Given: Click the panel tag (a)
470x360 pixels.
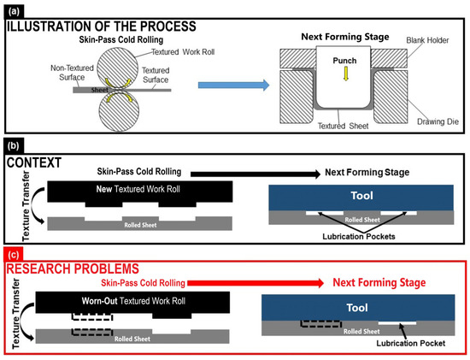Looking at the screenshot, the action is click(x=14, y=12).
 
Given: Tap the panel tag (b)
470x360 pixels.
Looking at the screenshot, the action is click(x=14, y=146).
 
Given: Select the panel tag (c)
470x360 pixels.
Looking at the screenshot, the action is click(x=14, y=255).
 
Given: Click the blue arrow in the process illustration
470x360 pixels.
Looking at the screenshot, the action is click(x=234, y=85).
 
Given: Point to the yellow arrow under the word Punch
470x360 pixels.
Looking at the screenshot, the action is click(x=346, y=74).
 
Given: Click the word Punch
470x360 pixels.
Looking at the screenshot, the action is click(x=344, y=61).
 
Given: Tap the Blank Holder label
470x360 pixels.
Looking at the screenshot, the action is click(x=427, y=40).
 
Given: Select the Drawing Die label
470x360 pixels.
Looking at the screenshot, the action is click(x=438, y=121).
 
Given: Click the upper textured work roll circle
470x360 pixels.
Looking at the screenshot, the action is click(x=118, y=68).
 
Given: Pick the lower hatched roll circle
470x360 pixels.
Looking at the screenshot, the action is click(x=119, y=111).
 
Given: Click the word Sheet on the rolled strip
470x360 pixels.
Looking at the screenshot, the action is click(x=99, y=90).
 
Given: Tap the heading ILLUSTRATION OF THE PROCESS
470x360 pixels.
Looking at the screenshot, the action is click(x=102, y=27).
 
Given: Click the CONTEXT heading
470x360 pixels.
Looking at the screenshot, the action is click(x=34, y=162).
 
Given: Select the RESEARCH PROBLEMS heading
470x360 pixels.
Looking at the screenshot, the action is click(x=73, y=269).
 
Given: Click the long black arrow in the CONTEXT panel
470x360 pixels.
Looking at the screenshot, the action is click(x=256, y=174).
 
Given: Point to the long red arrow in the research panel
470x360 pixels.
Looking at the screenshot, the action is click(x=256, y=283).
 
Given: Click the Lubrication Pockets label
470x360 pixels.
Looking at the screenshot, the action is click(x=359, y=236).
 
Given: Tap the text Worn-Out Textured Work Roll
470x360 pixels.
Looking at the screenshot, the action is click(x=133, y=301).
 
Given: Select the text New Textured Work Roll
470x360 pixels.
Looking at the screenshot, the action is click(x=138, y=189).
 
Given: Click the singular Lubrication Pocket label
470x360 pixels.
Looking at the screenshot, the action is click(x=411, y=343).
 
